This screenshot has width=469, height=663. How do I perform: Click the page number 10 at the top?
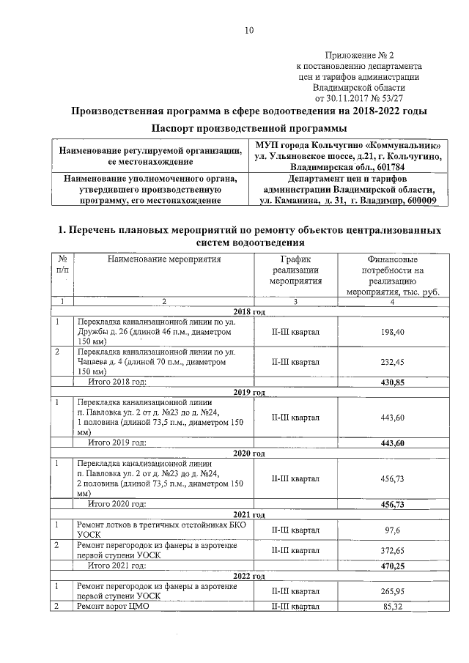[248, 30]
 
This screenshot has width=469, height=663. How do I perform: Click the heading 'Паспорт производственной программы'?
[248, 128]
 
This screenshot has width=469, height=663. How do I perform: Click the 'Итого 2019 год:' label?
[117, 442]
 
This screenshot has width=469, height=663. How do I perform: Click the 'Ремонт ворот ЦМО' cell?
[113, 607]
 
